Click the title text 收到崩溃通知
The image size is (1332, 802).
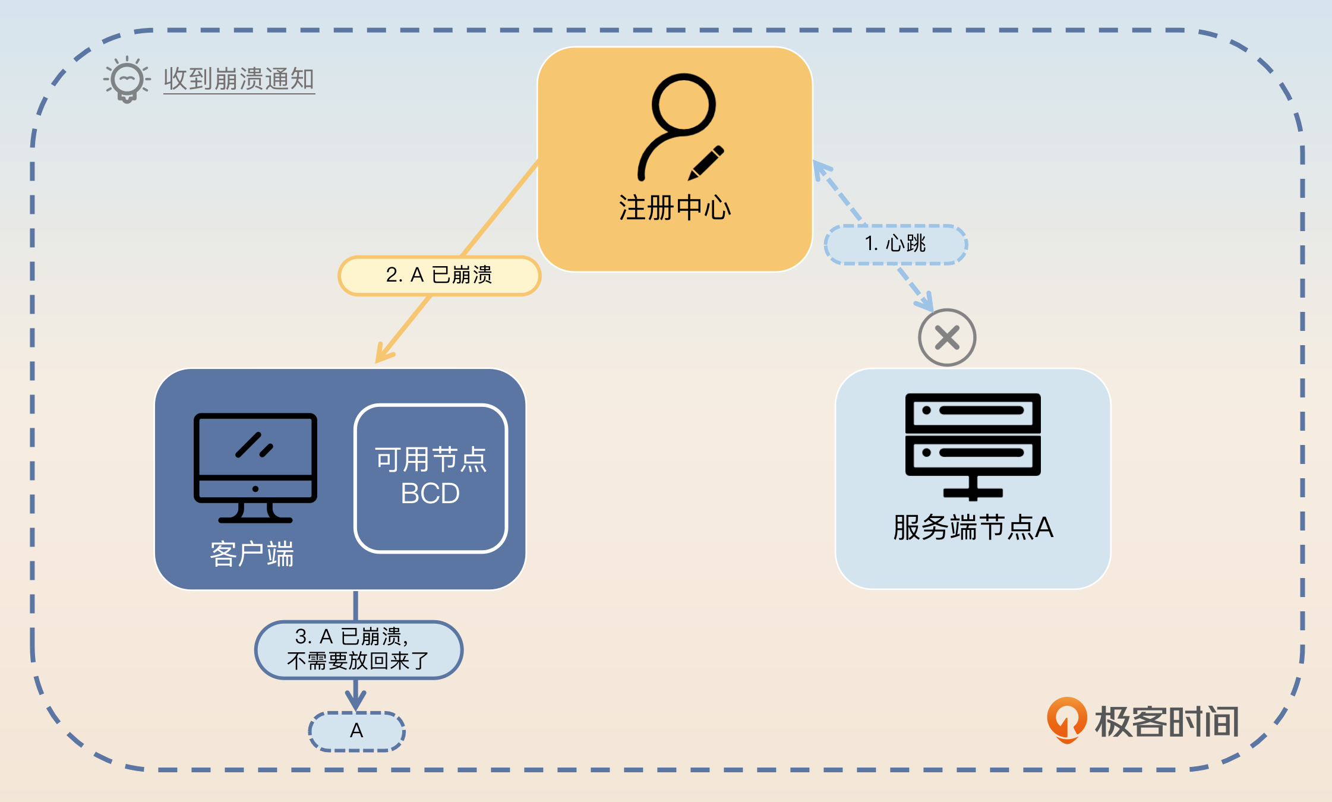pyautogui.click(x=239, y=79)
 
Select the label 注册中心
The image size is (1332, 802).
pyautogui.click(x=675, y=208)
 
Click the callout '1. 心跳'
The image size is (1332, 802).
pyautogui.click(x=895, y=244)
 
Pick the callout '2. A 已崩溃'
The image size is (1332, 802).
pyautogui.click(x=439, y=275)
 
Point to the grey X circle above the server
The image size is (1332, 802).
pyautogui.click(x=947, y=337)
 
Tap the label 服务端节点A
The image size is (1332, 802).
pyautogui.click(x=973, y=527)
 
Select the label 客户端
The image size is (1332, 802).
pyautogui.click(x=252, y=554)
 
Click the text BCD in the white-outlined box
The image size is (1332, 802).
pyautogui.click(x=430, y=493)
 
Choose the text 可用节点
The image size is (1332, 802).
pyautogui.click(x=431, y=459)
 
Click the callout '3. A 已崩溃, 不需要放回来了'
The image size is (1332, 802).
pyautogui.click(x=358, y=649)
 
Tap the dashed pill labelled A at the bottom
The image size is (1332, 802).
pyautogui.click(x=356, y=731)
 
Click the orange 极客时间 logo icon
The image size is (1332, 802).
pyautogui.click(x=1066, y=719)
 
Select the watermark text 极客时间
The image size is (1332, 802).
pyautogui.click(x=1166, y=722)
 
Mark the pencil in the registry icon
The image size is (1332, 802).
pyautogui.click(x=706, y=162)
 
